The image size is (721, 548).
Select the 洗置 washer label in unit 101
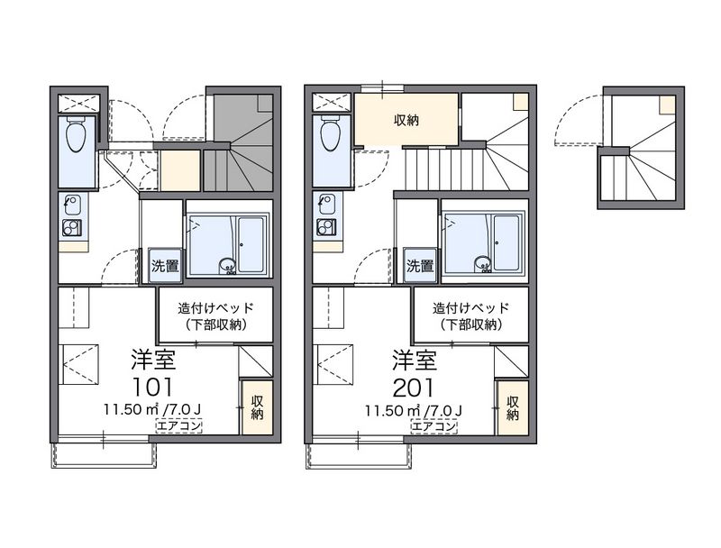point(164,266)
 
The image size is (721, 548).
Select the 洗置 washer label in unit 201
point(419,266)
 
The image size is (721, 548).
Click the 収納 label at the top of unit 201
point(406,120)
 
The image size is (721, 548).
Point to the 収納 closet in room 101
point(257,407)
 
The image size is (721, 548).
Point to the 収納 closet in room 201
point(512,407)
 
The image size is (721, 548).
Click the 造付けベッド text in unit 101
point(214,306)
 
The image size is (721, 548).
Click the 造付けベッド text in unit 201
point(470,306)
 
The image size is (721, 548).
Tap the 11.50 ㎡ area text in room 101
point(129,410)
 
